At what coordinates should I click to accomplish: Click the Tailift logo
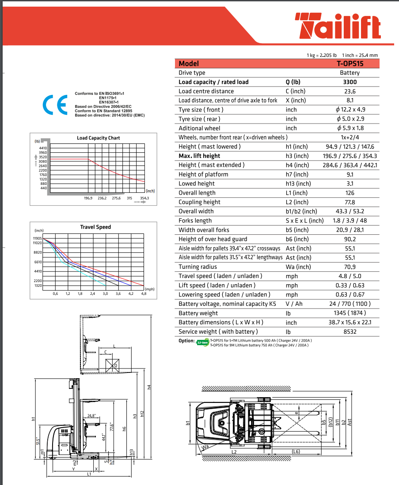pos(338,26)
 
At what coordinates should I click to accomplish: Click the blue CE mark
pos(54,105)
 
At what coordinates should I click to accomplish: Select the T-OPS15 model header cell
pos(350,64)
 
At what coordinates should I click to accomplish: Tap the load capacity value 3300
pos(350,82)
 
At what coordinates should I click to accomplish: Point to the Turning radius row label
pos(198,267)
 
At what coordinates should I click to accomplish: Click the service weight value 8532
pos(350,332)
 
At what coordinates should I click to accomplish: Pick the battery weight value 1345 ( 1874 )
pos(350,313)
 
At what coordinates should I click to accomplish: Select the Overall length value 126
pos(350,193)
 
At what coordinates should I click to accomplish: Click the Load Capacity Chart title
pos(98,138)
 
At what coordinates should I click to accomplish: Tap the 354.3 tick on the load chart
pos(144,198)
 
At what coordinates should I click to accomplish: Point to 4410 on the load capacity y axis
pos(43,148)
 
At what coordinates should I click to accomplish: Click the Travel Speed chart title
pos(95,227)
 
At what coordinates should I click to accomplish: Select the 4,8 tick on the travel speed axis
pos(144,293)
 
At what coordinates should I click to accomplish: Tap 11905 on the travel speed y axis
pos(37,238)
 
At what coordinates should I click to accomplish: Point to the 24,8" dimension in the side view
pos(91,416)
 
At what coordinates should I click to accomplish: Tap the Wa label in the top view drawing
pos(205,447)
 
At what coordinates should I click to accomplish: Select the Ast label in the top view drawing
pos(350,422)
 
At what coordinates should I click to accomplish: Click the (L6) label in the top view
pos(296,451)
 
